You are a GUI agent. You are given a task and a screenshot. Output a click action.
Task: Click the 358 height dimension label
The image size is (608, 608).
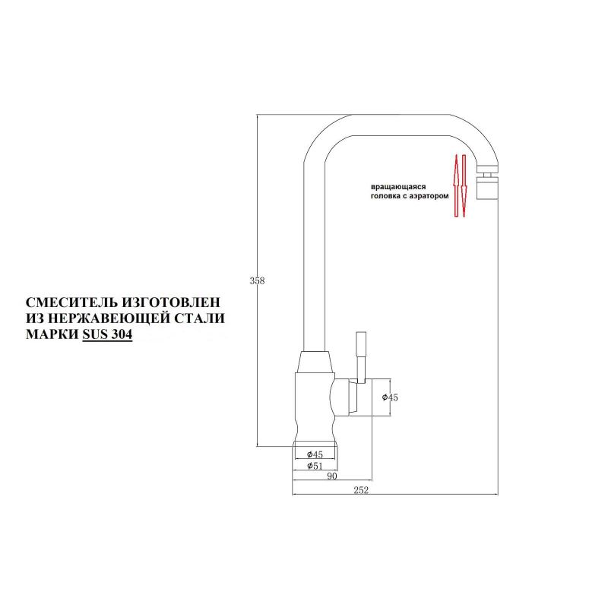tap(257, 280)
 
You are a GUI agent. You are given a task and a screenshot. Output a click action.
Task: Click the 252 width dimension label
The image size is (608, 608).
tap(361, 490)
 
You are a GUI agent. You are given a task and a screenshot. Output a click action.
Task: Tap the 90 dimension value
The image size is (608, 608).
tap(332, 477)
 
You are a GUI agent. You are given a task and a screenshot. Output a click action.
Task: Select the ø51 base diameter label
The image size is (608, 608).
tap(315, 466)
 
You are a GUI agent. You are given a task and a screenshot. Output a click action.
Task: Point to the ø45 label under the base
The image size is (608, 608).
tap(315, 454)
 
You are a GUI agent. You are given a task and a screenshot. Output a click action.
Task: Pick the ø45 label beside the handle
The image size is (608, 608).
tap(390, 397)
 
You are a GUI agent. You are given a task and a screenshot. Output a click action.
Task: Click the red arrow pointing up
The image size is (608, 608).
tap(457, 185)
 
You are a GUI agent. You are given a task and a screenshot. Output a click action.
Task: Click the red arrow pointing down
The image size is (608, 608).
tap(464, 185)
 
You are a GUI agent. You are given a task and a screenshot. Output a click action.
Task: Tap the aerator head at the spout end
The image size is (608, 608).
tap(487, 182)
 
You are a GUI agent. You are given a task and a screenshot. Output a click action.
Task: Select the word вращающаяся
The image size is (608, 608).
tap(398, 187)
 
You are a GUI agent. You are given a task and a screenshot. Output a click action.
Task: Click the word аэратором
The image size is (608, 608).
tap(429, 196)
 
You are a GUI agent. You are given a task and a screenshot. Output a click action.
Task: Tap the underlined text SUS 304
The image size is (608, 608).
tap(107, 334)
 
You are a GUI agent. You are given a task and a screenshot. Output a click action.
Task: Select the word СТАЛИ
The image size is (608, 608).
tap(199, 318)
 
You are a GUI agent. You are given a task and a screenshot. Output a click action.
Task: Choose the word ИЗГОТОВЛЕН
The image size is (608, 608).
tap(171, 302)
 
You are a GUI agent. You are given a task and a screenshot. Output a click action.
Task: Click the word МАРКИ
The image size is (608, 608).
tap(52, 334)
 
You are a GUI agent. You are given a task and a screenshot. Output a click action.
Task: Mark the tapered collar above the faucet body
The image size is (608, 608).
tap(315, 363)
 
